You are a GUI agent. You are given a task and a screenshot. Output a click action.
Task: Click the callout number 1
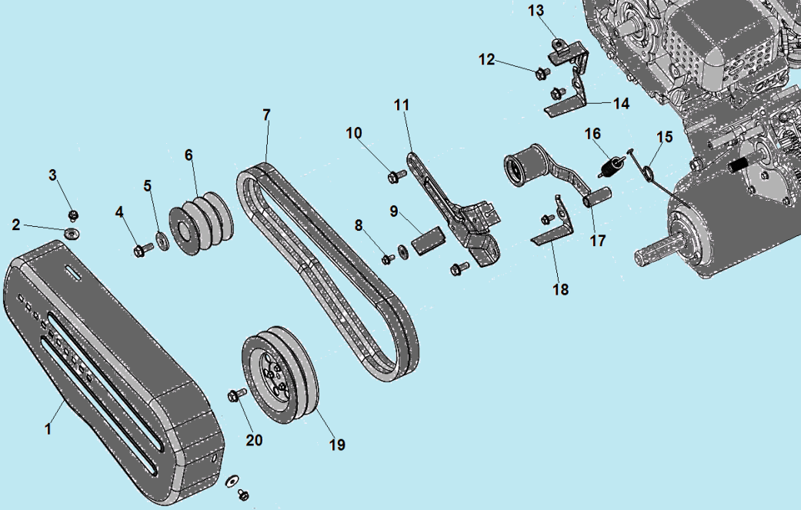[48, 428]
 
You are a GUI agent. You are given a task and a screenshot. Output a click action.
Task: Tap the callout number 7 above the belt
[266, 115]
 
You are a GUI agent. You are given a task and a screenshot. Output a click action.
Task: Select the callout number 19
[337, 445]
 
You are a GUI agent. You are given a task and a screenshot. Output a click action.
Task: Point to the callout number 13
[536, 11]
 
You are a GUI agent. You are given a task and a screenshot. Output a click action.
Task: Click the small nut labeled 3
[73, 215]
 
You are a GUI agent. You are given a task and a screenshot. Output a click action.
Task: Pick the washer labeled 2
[72, 233]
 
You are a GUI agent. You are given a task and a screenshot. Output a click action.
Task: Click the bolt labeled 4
[143, 250]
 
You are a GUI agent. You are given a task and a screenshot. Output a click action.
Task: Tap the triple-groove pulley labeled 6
[202, 223]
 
